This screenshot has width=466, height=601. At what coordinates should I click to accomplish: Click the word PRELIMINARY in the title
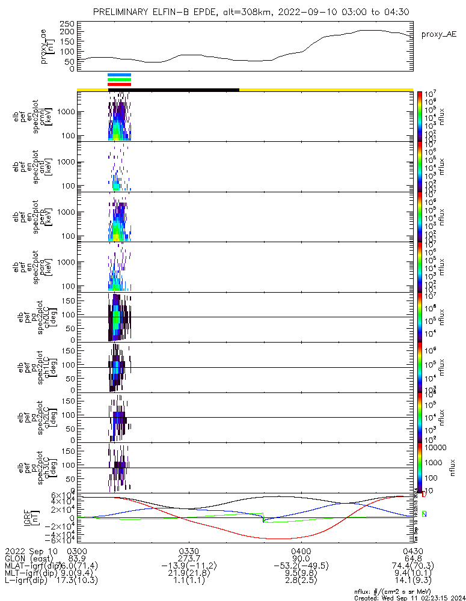(124, 12)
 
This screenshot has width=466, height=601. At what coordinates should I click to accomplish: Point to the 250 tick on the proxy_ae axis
(67, 23)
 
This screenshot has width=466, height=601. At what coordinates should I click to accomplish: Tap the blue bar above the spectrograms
(118, 75)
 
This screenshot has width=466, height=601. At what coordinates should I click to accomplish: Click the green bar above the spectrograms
(118, 79)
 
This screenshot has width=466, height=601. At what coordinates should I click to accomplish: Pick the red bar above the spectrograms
(118, 84)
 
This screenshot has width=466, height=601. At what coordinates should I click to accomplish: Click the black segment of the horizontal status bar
(174, 90)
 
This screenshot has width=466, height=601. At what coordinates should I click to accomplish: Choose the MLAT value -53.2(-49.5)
(301, 566)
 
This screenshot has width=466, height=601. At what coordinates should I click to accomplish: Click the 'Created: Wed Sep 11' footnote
(409, 597)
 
